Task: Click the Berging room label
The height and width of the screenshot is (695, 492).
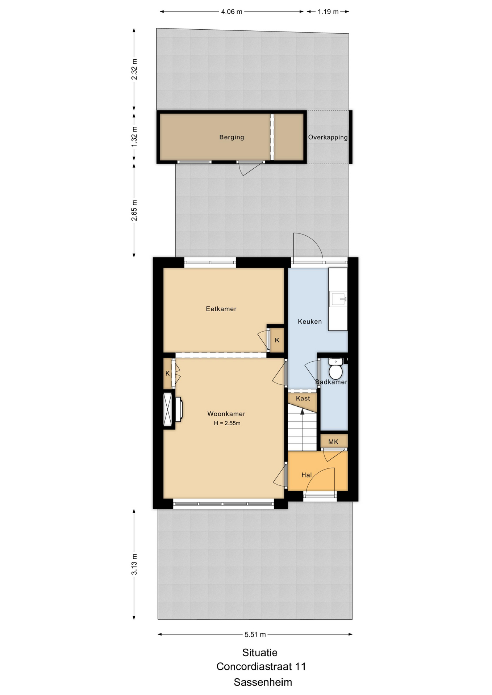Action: pos(232,137)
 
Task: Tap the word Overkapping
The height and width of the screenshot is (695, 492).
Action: pos(328,138)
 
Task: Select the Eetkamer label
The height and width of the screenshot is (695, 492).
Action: pos(221,309)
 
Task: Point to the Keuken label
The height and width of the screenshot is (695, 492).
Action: pos(310,321)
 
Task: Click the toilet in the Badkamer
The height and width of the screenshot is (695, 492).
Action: pos(336,368)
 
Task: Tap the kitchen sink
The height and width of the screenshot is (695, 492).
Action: pos(338,299)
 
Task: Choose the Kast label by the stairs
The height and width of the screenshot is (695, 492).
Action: pos(303,399)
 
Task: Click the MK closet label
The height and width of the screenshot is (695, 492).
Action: pos(333,442)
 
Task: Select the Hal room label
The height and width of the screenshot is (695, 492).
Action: pos(307,475)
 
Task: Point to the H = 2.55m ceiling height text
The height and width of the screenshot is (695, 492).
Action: pos(227,423)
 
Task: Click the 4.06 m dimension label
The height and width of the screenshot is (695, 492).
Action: pos(232,12)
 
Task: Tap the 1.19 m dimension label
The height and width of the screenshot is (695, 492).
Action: pos(328,12)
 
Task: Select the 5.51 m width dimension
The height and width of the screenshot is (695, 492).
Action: pos(255,634)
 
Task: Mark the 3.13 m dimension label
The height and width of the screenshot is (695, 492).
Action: pos(134,564)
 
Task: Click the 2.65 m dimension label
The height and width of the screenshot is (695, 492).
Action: pos(134,210)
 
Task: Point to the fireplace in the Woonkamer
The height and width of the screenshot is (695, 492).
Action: pos(173,409)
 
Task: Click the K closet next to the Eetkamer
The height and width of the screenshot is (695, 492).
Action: pos(277,340)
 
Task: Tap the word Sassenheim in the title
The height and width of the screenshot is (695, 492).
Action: pos(263,682)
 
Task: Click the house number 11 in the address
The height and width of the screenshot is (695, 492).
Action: pos(301,666)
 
